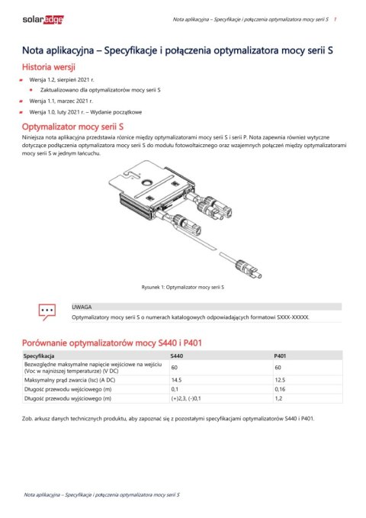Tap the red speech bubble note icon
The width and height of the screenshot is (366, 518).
pos(47,310)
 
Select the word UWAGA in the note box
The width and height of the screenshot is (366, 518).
pos(82,304)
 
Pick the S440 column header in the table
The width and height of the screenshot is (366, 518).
pos(177,356)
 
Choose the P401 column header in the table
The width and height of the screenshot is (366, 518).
pos(280,356)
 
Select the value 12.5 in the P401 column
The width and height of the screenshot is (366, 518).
pos(279,379)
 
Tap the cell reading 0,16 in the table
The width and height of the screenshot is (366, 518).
pos(279,389)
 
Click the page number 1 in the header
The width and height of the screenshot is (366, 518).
pos(337,16)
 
